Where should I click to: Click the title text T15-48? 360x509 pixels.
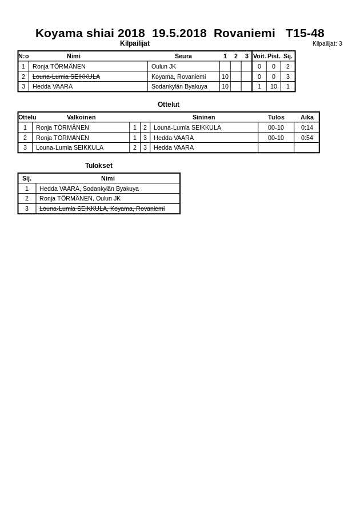[x=305, y=33]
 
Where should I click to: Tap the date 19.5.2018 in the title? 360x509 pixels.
[x=179, y=33]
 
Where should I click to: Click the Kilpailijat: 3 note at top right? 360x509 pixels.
[x=327, y=43]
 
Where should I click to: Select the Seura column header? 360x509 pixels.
[x=183, y=56]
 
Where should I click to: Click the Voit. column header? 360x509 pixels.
[x=259, y=56]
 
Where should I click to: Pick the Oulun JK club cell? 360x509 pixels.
[x=163, y=66]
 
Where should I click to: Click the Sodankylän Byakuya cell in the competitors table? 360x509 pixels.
[x=179, y=86]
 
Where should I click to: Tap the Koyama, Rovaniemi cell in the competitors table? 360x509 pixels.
[x=178, y=77]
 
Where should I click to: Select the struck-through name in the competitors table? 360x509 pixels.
[x=66, y=77]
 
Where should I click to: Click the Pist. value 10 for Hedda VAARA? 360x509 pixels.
[x=274, y=86]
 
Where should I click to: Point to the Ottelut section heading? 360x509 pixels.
[x=169, y=105]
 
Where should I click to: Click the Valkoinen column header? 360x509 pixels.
[x=81, y=117]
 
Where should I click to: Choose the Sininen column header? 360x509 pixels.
[x=203, y=117]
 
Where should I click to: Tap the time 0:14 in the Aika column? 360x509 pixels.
[x=307, y=127]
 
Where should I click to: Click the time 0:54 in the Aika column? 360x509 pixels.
[x=307, y=138]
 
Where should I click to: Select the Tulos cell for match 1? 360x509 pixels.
[x=276, y=127]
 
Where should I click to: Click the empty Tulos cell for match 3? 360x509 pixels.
[x=276, y=147]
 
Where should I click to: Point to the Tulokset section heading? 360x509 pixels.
[x=99, y=166]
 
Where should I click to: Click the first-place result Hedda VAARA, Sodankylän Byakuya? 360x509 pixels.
[x=89, y=189]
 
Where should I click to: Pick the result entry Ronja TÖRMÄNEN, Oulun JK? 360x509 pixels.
[x=80, y=198]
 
